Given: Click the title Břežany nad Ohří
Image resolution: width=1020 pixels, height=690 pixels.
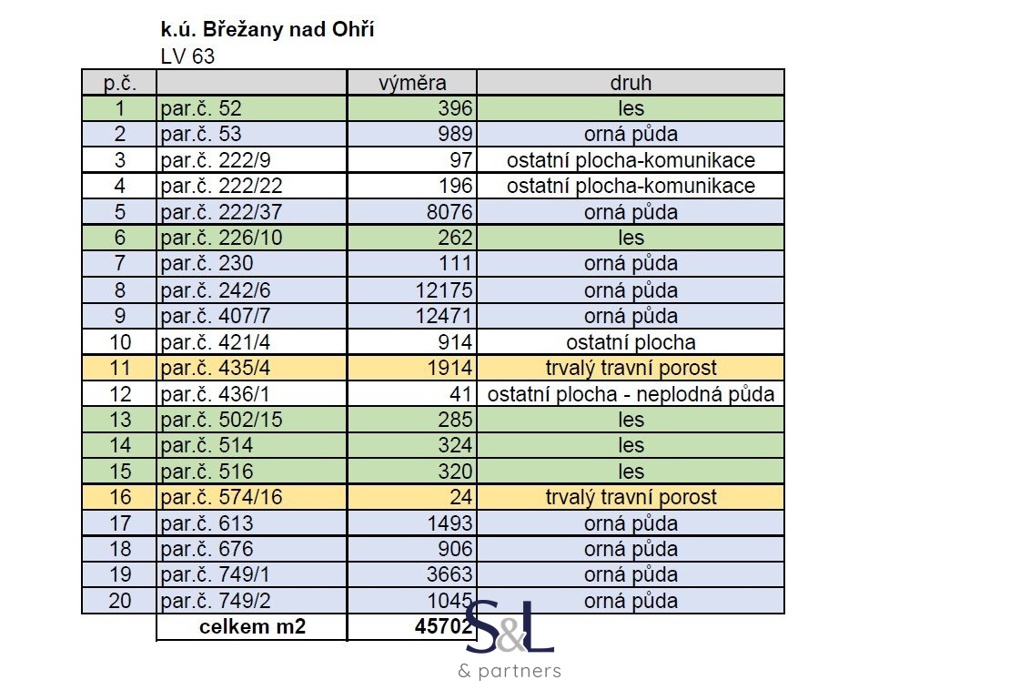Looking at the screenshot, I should [x=268, y=30].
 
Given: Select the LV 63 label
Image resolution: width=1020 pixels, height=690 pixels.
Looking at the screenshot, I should [x=187, y=56].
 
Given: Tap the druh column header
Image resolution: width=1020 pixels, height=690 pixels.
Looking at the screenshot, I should [x=631, y=83].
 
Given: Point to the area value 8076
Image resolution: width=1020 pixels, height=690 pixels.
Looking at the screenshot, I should [x=450, y=212].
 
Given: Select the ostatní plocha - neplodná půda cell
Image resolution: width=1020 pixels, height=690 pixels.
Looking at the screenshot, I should [x=631, y=394].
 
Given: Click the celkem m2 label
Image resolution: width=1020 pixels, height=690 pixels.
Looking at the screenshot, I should [x=251, y=627].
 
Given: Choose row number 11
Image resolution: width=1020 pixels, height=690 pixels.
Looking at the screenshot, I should [x=120, y=368].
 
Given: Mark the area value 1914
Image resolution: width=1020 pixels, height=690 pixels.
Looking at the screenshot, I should [x=450, y=368].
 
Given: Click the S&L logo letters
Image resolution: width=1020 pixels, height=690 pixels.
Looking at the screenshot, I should [x=510, y=627].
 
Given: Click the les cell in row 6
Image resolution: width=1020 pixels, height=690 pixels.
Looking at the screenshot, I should [x=631, y=238].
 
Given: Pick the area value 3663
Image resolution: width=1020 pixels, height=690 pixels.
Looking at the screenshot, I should [x=450, y=574].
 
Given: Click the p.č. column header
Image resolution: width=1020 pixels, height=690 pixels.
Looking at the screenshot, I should [x=120, y=83].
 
